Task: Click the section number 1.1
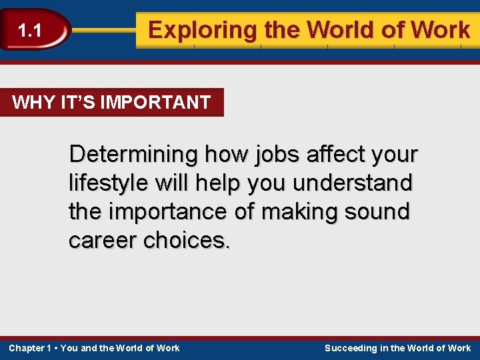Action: click(29, 31)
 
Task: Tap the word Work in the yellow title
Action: click(441, 30)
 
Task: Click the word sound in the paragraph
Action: click(379, 212)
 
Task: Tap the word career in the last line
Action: click(103, 241)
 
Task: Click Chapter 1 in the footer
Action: click(30, 348)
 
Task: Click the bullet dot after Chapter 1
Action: click(56, 348)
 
